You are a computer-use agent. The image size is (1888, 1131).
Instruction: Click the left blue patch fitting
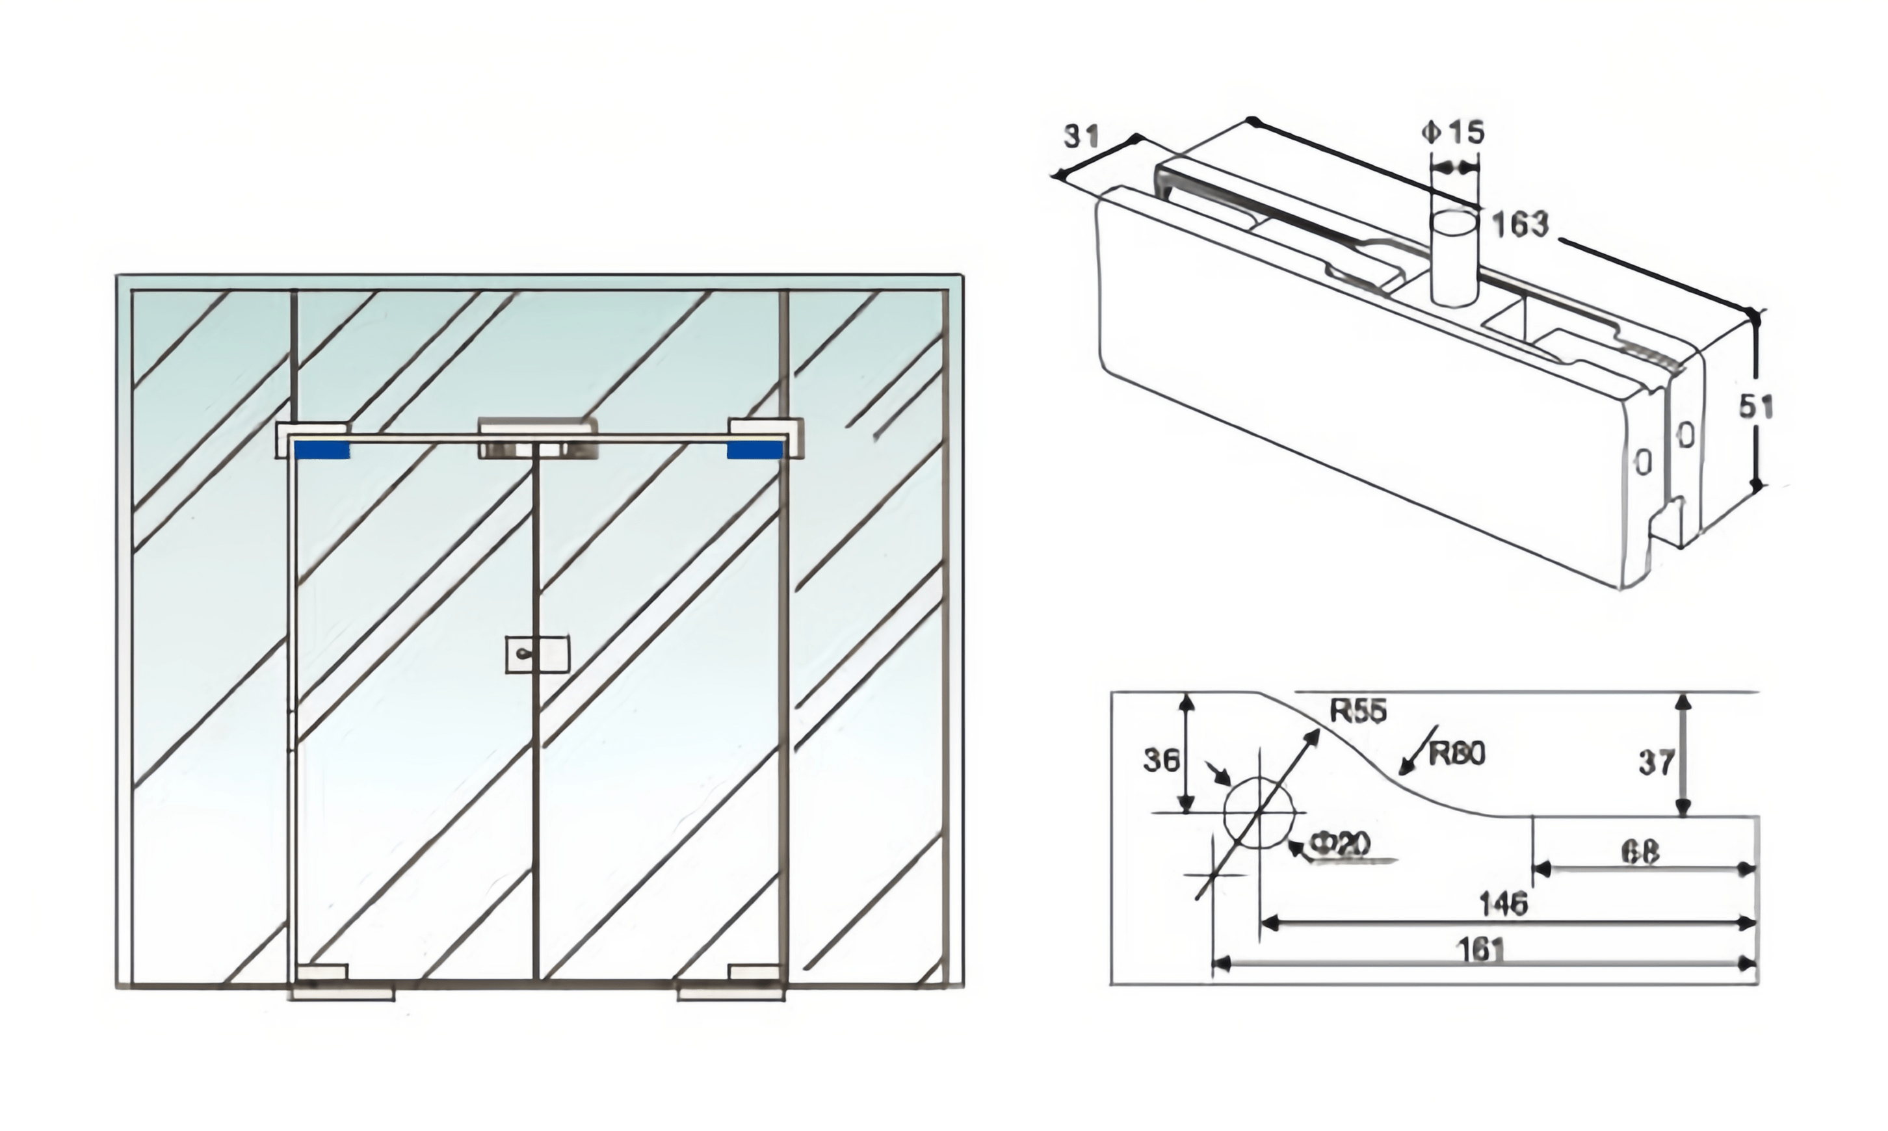(x=322, y=450)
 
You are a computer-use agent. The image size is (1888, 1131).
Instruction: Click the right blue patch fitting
(x=755, y=450)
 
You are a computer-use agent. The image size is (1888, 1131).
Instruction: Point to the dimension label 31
(x=1081, y=136)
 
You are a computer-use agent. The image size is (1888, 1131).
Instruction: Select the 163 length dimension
(x=1520, y=225)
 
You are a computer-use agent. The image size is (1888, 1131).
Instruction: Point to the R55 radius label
(x=1358, y=711)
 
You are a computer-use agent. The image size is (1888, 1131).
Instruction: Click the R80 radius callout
(x=1456, y=754)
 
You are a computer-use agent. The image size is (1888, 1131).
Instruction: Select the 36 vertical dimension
(x=1161, y=760)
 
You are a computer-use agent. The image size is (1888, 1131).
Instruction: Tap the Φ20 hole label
(x=1340, y=843)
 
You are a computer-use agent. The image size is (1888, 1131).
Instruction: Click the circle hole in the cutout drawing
(x=1259, y=813)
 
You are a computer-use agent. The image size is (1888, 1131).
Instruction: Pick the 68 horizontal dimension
(x=1640, y=852)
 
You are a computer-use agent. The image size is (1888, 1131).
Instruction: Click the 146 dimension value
(x=1503, y=904)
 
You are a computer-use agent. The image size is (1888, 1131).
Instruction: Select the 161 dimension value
(x=1480, y=950)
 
